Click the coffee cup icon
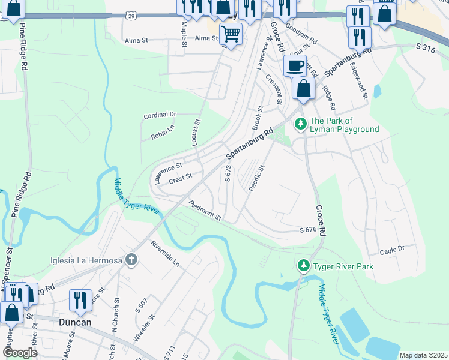coord(295,66)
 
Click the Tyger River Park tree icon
coord(304,266)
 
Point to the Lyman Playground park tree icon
coord(300,125)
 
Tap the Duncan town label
coord(76,322)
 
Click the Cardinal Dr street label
coord(160,114)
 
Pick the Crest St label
coord(180,178)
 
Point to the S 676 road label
coord(307,230)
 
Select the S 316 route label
coord(425,46)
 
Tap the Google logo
coord(20,353)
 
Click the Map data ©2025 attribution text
coord(423,355)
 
